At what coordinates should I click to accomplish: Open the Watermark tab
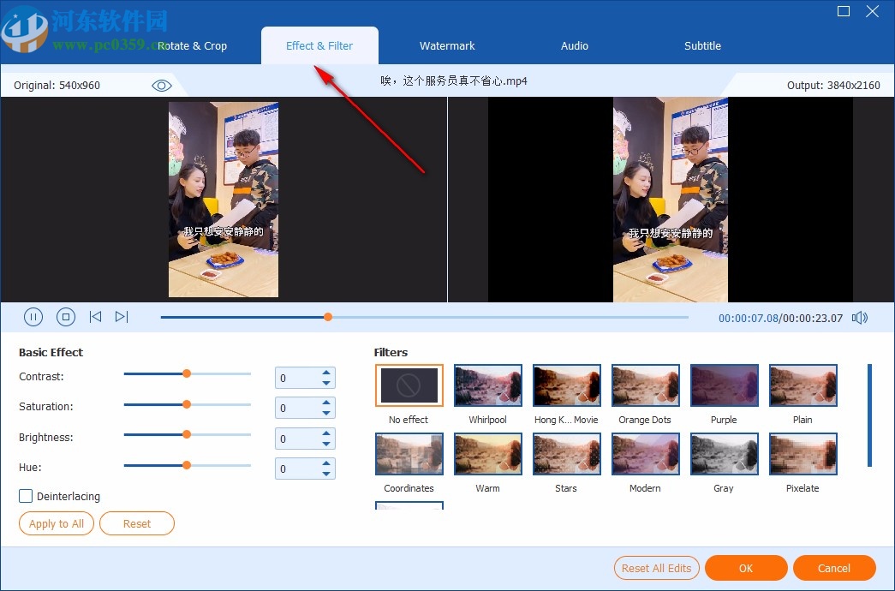pos(447,46)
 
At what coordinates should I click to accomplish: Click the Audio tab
pos(575,46)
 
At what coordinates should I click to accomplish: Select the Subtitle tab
pos(702,46)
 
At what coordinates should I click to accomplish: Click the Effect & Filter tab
pos(319,46)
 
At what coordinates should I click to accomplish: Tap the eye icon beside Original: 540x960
pos(162,86)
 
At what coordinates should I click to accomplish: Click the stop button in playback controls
pos(66,317)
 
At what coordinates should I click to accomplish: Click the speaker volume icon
pos(860,318)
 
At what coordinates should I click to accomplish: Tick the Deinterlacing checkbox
pos(27,496)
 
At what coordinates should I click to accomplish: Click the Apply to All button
pos(57,523)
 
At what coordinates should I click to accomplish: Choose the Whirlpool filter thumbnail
pos(488,385)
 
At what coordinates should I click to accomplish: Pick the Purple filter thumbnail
pos(725,385)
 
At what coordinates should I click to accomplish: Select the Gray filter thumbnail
pos(725,454)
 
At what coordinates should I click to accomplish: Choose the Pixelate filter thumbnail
pos(803,454)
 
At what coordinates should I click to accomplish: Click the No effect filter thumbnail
pos(409,385)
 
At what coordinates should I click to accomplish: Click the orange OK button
pos(746,568)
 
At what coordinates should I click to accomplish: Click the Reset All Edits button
pos(657,568)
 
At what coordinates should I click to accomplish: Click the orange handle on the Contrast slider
pos(187,373)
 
